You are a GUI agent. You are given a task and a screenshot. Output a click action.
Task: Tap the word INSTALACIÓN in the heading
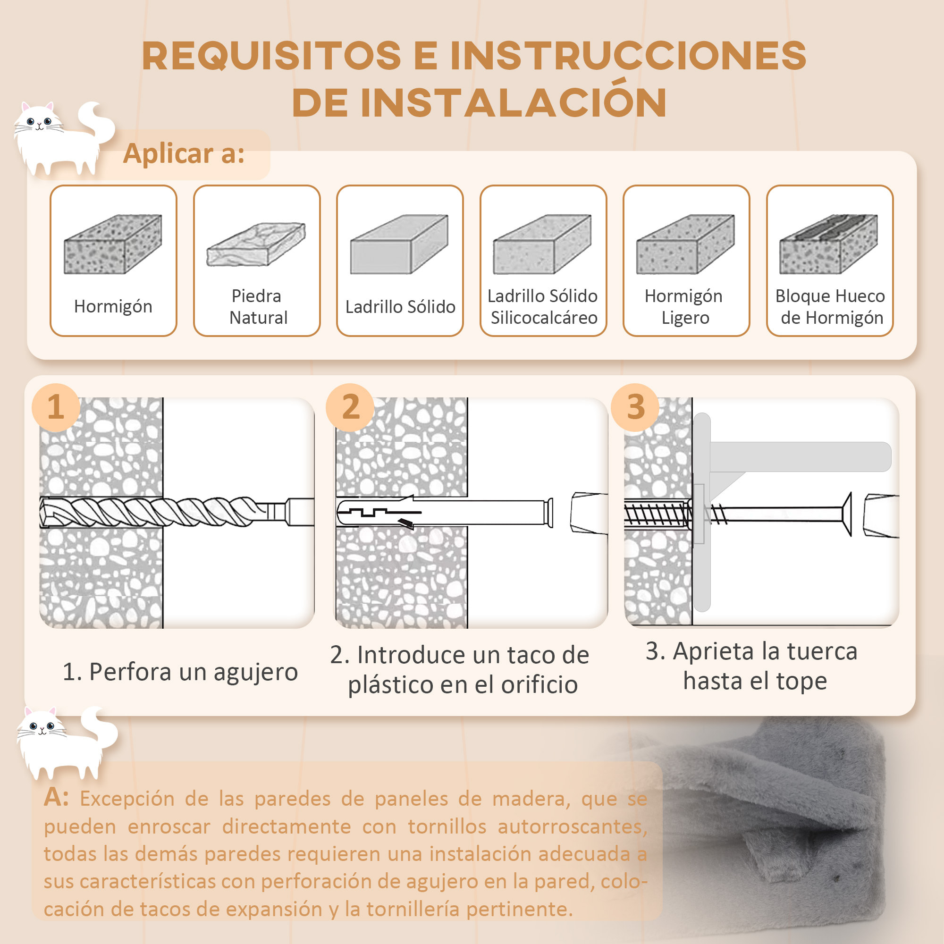tap(513, 102)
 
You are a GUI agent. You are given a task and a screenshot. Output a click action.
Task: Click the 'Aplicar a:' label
tap(184, 153)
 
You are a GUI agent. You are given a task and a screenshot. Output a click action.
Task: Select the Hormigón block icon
tap(113, 244)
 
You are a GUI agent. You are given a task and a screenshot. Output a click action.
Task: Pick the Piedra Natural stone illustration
tap(256, 244)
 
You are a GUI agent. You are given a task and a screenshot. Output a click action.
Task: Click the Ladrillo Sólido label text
tap(400, 307)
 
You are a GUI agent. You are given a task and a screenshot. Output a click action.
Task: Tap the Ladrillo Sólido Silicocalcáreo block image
tap(542, 244)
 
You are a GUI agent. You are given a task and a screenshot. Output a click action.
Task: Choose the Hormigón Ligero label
tap(684, 307)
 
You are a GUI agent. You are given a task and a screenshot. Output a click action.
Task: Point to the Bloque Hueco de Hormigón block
tap(829, 244)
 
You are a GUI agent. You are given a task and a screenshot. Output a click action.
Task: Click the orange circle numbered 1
tap(56, 407)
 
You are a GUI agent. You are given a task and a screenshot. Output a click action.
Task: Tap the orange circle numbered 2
tap(350, 407)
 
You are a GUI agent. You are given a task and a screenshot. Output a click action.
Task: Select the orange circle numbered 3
tap(635, 407)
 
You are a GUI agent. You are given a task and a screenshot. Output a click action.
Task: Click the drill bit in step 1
tap(161, 512)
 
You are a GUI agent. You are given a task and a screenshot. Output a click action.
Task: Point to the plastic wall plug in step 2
tap(440, 512)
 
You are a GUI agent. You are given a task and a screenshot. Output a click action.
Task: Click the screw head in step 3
tap(847, 514)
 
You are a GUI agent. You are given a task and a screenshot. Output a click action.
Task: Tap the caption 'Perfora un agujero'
tap(180, 671)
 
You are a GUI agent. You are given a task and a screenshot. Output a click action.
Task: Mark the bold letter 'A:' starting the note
tap(56, 797)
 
